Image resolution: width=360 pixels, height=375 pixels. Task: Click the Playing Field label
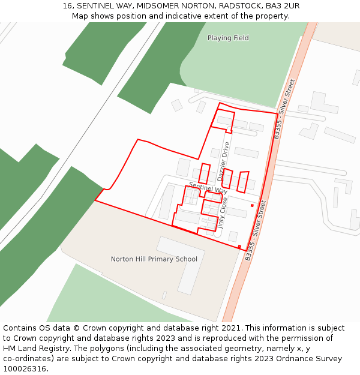click(228, 38)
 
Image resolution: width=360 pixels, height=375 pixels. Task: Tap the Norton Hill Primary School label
click(154, 259)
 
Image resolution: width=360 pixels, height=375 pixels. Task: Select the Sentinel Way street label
click(208, 187)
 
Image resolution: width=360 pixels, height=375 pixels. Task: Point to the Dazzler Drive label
click(223, 161)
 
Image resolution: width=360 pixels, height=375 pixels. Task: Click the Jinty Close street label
click(222, 214)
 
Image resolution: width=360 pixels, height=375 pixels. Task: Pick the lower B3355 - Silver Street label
click(255, 230)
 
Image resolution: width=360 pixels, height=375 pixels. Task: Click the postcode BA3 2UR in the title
click(283, 6)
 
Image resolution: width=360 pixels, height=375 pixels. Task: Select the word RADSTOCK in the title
click(240, 6)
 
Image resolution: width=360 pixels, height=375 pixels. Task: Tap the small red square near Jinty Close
click(252, 205)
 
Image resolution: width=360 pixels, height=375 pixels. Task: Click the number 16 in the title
click(67, 6)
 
